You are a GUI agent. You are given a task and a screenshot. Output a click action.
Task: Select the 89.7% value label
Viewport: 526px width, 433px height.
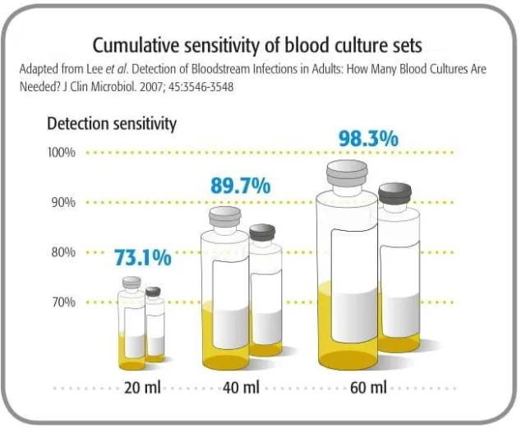[x=240, y=187]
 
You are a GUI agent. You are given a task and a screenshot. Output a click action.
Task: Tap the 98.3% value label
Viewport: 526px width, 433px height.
[x=368, y=138]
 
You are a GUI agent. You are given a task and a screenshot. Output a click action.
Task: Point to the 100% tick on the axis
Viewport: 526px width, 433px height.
[x=62, y=153]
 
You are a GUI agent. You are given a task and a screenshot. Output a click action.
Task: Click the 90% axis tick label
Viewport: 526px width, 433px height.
[x=63, y=202]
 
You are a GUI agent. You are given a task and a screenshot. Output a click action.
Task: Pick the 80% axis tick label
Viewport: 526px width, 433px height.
[x=63, y=252]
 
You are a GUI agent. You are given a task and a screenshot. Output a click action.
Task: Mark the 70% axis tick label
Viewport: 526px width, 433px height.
[x=63, y=302]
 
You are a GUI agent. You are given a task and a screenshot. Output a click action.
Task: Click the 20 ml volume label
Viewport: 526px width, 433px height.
[x=140, y=388]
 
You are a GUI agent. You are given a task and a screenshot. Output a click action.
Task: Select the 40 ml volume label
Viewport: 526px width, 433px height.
[x=240, y=388]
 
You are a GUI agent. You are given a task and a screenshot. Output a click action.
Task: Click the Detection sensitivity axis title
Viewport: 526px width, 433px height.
[x=111, y=124]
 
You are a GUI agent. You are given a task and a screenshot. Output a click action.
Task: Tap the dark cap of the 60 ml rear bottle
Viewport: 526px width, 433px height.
[x=394, y=194]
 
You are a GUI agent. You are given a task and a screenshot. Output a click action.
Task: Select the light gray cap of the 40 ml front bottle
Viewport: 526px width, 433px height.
[x=224, y=217]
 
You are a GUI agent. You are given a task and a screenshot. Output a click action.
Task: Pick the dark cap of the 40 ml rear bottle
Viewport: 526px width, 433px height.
[x=263, y=233]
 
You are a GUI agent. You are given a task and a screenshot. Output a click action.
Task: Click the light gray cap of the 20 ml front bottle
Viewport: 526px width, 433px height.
[x=131, y=283]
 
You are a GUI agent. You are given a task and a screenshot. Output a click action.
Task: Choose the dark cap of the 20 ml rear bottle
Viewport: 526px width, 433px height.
[x=153, y=292]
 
